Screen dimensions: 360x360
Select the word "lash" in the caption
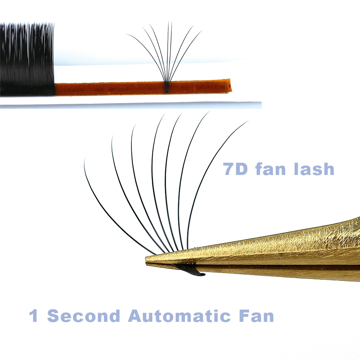coord(314,169)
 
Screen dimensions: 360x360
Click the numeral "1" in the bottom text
coord(34,316)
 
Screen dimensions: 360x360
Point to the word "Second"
coord(84,316)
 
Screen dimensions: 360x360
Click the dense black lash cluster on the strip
coord(27,59)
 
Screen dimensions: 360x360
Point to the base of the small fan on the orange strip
coord(167,88)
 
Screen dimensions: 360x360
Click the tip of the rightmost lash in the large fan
coord(247,122)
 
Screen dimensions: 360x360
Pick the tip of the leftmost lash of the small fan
coord(127,35)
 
